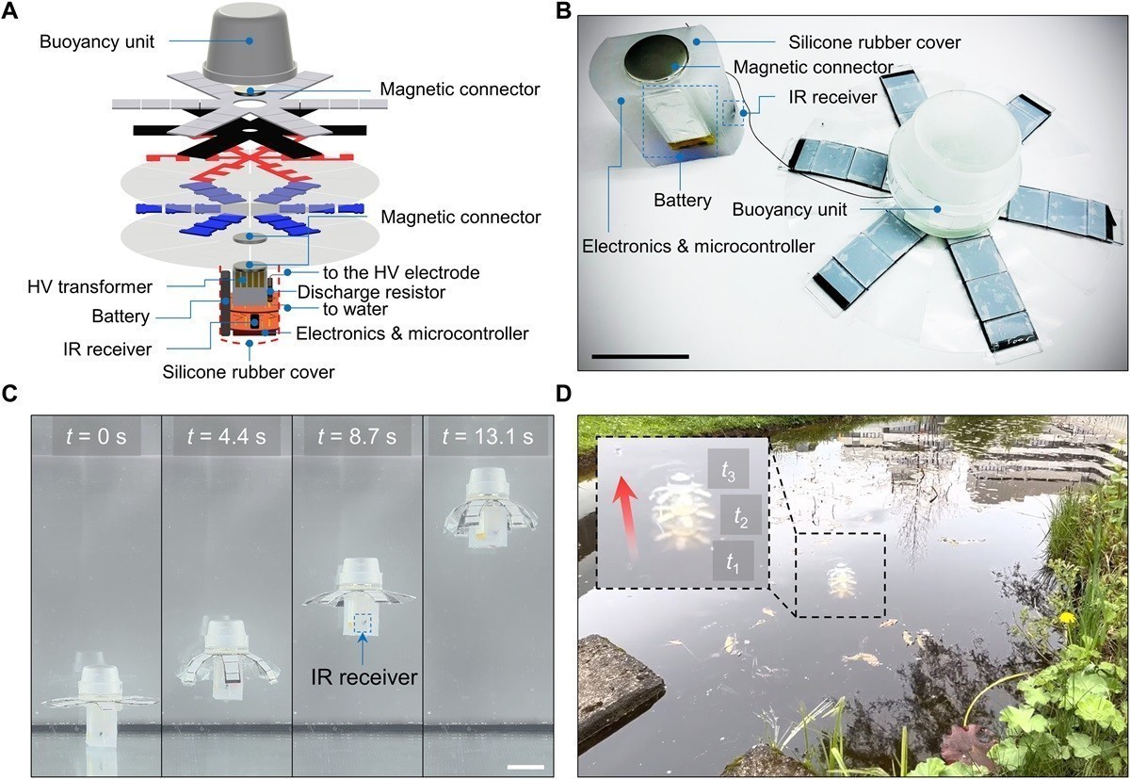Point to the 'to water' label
326,311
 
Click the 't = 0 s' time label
95,438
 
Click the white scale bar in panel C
525,767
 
